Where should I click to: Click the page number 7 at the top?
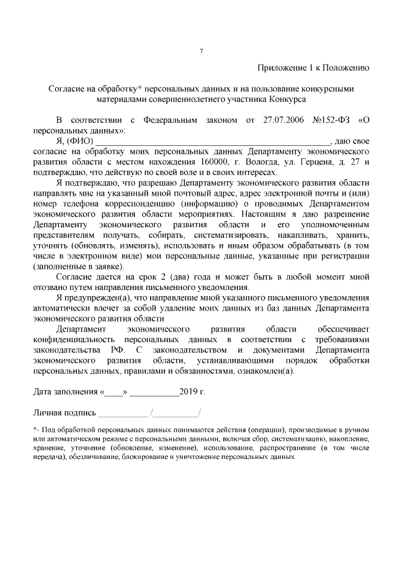click(200, 50)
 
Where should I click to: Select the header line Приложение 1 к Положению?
click(313, 68)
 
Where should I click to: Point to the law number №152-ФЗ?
click(334, 120)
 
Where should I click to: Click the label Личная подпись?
click(65, 413)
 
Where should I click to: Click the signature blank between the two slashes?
click(176, 414)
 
